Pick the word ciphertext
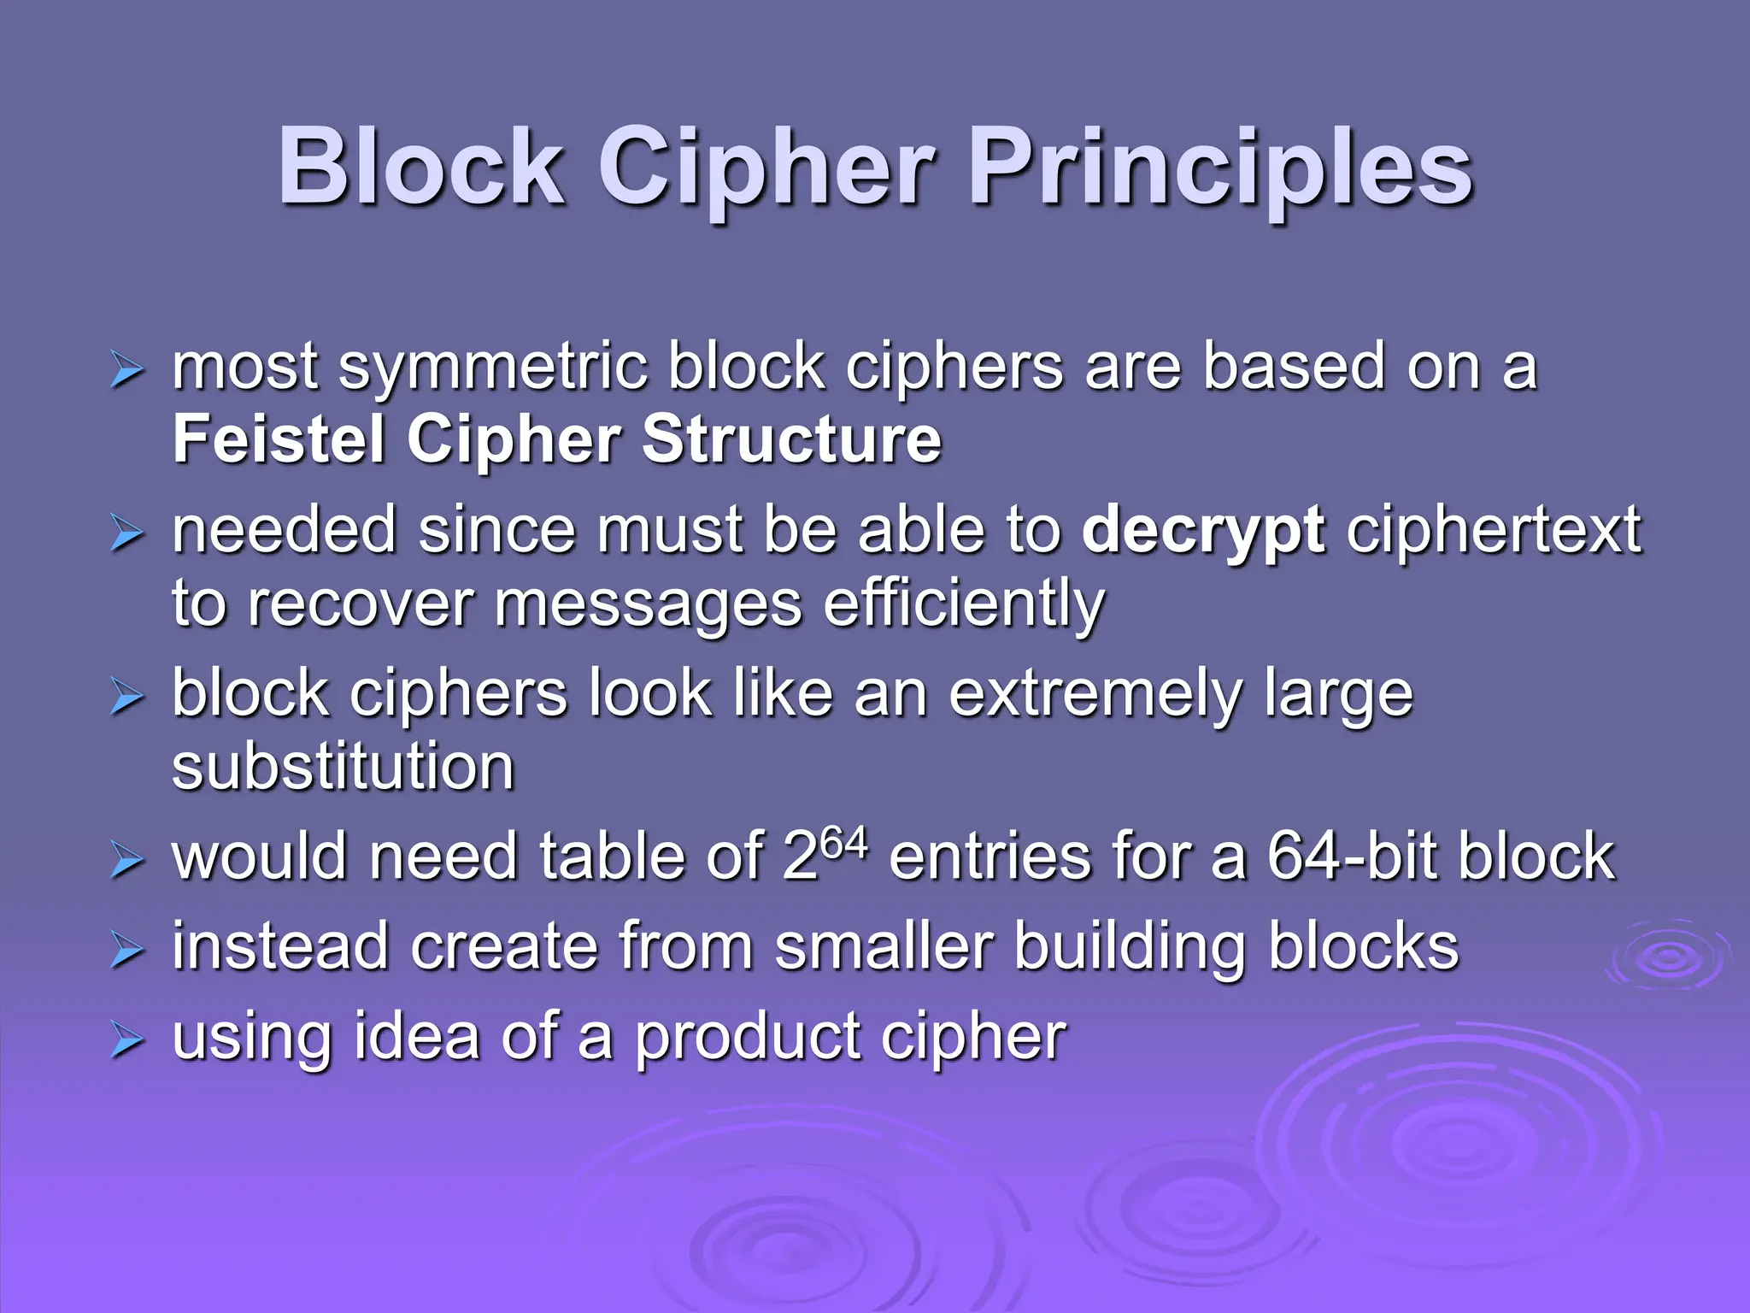(x=1494, y=530)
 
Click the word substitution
(x=344, y=766)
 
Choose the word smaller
(x=884, y=947)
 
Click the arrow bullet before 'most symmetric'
(x=126, y=373)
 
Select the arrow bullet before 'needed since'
(x=126, y=535)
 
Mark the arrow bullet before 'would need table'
(x=126, y=862)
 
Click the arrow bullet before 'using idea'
(x=126, y=1043)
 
